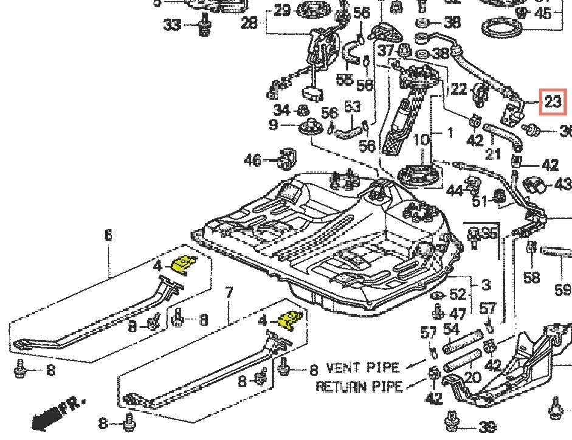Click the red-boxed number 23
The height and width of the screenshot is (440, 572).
pos(553,101)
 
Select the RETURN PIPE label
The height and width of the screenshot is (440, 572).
pos(359,387)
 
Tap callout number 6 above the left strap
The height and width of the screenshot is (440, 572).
pos(109,235)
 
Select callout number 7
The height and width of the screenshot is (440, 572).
pos(229,293)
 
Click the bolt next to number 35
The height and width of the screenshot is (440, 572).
pos(474,235)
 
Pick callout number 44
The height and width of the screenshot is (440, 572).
pos(454,190)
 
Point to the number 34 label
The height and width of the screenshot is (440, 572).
pos(281,110)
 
